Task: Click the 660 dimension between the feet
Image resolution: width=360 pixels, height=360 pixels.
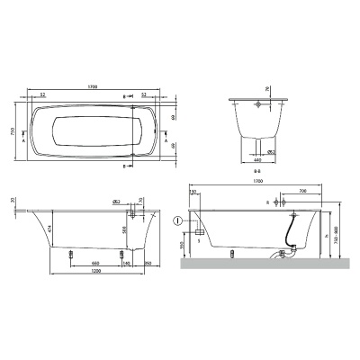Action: [95, 262]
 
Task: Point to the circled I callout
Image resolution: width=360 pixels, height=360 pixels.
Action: [177, 220]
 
